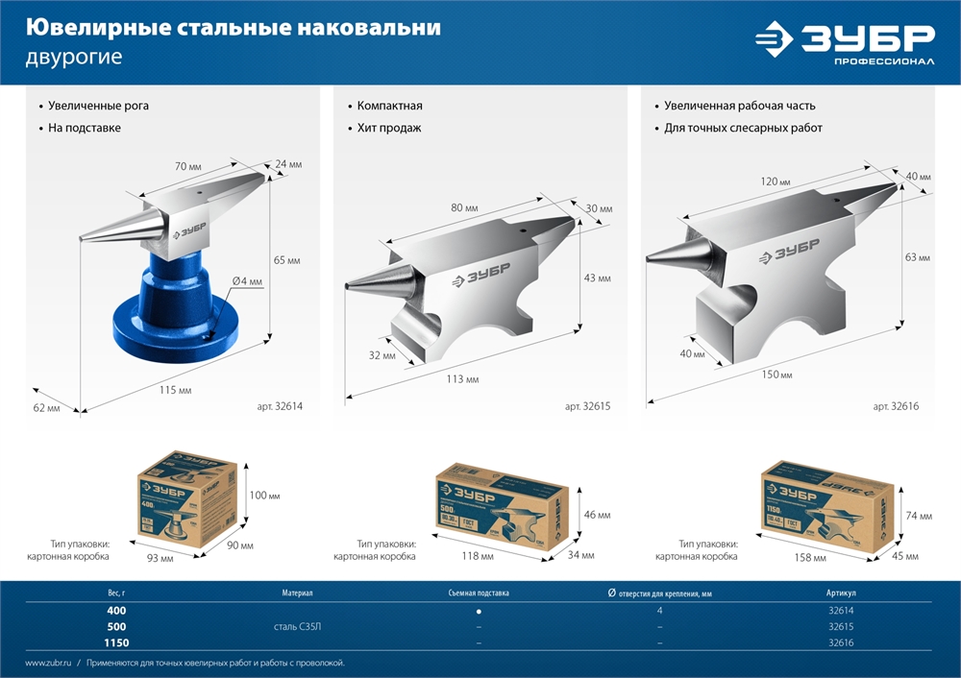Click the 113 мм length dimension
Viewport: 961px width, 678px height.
462,379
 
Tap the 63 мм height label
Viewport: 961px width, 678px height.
918,257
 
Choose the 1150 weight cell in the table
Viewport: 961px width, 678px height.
116,642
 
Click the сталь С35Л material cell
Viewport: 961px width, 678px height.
297,626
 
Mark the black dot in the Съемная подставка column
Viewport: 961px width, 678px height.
479,611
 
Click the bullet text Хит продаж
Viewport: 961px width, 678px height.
389,128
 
